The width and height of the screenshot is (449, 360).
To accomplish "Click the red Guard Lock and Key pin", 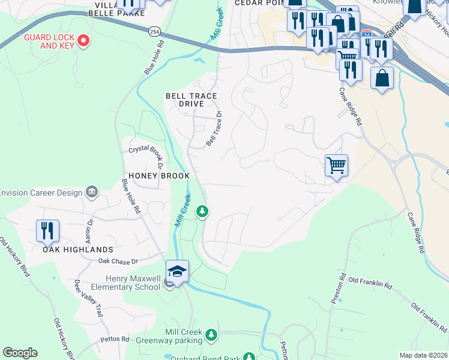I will [x=83, y=41].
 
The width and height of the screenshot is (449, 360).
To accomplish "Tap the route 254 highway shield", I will [x=156, y=29].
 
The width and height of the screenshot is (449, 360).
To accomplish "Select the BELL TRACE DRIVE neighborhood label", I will [x=191, y=100].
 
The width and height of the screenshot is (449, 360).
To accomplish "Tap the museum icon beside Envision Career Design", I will [x=91, y=191].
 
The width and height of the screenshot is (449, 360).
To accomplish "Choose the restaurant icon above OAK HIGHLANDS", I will [x=47, y=231].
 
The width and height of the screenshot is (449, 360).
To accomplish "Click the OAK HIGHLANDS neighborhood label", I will [x=78, y=249].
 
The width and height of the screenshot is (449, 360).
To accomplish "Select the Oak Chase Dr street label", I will [x=118, y=262].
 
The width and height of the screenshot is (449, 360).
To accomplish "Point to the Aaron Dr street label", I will [x=90, y=230].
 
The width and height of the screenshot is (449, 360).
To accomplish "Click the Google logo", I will [x=20, y=353].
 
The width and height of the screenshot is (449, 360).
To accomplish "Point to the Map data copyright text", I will [x=423, y=355].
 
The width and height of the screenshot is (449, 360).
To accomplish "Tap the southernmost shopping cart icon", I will [x=336, y=165].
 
